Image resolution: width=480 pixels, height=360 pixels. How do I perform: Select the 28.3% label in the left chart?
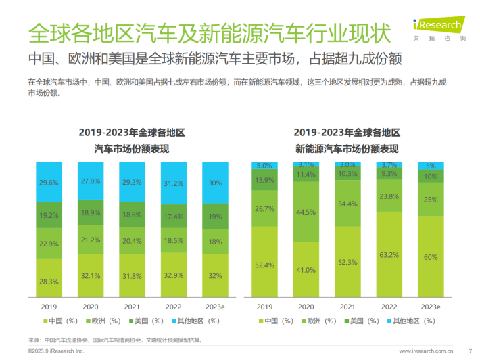(48, 281)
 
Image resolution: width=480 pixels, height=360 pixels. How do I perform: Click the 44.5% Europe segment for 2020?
(306, 212)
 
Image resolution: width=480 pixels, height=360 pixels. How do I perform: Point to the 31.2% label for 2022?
(172, 183)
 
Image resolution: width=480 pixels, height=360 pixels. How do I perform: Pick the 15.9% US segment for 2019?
(264, 180)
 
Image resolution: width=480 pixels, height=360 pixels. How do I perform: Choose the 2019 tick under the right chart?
(264, 307)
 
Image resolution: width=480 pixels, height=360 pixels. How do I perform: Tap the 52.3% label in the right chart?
(347, 262)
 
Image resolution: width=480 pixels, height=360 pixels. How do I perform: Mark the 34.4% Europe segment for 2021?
(347, 203)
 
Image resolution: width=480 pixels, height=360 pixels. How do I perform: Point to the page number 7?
(469, 351)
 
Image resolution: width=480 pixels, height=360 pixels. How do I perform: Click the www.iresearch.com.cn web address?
(425, 351)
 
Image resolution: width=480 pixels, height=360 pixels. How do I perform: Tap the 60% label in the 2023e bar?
(430, 257)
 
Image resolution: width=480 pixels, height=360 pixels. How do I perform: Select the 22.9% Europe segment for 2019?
(48, 243)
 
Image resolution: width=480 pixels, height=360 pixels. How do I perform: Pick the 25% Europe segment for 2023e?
(430, 200)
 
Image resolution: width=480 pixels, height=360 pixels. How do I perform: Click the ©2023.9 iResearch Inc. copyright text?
(55, 351)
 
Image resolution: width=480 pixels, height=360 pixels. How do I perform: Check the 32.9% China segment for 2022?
(172, 275)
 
